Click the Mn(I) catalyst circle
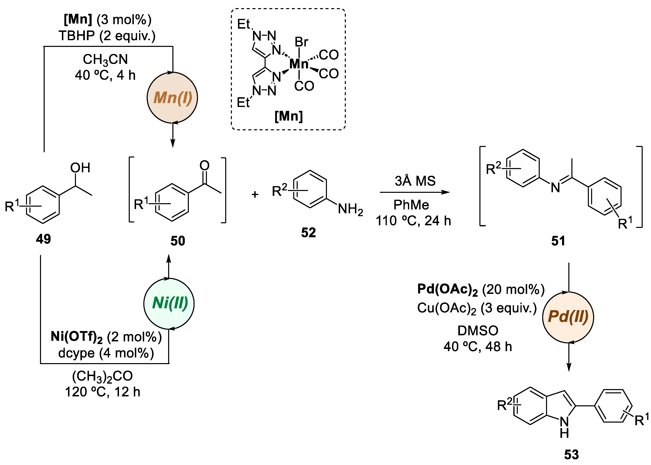[x=172, y=98]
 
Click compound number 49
[x=43, y=239]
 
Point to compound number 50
[x=177, y=241]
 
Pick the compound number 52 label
[x=308, y=233]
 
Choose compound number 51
[x=558, y=241]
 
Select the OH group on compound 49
[x=80, y=168]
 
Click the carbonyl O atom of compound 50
[x=204, y=165]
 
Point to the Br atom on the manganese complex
[x=301, y=42]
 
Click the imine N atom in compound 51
[x=555, y=188]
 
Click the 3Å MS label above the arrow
[x=415, y=181]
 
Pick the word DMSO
[x=478, y=331]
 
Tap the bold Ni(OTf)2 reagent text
[x=77, y=337]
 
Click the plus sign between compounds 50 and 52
[x=255, y=195]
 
